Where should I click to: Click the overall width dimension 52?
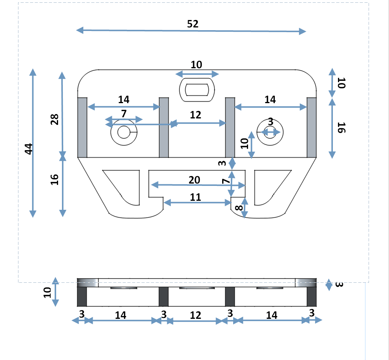tap(193, 24)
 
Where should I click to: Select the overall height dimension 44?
tap(28, 149)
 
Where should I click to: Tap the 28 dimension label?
tap(55, 119)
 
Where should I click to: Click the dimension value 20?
tap(194, 180)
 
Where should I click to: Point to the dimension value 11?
tap(195, 197)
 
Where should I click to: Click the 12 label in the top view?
tap(195, 115)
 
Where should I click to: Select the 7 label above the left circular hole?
tap(124, 114)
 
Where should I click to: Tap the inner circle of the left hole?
tap(124, 133)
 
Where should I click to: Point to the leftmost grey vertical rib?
tap(82, 127)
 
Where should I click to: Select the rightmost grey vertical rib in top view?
tap(312, 127)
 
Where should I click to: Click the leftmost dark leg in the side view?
tap(81, 296)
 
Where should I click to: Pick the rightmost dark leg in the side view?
tap(312, 296)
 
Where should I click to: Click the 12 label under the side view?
tap(195, 315)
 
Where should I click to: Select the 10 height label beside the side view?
tap(47, 292)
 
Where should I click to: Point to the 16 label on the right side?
tap(341, 128)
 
